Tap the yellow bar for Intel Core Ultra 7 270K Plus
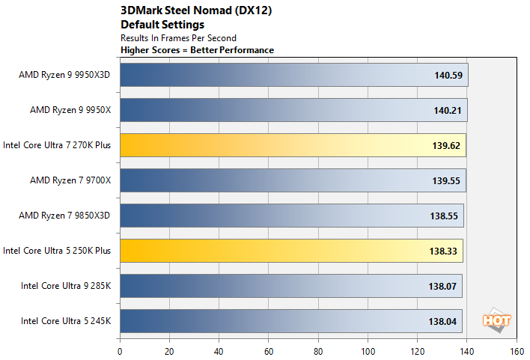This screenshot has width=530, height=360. click(293, 145)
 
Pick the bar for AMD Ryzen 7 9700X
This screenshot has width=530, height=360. click(293, 180)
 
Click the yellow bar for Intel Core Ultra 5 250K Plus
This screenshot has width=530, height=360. click(291, 251)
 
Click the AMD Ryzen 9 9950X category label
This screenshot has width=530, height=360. click(70, 110)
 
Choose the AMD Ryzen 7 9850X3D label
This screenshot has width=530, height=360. click(65, 216)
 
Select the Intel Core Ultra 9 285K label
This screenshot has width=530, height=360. click(66, 286)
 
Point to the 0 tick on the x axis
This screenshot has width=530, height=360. click(120, 349)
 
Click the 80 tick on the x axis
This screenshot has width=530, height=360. click(318, 349)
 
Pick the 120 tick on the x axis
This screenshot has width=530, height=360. click(417, 349)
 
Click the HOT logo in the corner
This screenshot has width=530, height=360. click(497, 320)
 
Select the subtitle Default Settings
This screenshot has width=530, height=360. click(162, 25)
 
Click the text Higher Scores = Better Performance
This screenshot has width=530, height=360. click(197, 50)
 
